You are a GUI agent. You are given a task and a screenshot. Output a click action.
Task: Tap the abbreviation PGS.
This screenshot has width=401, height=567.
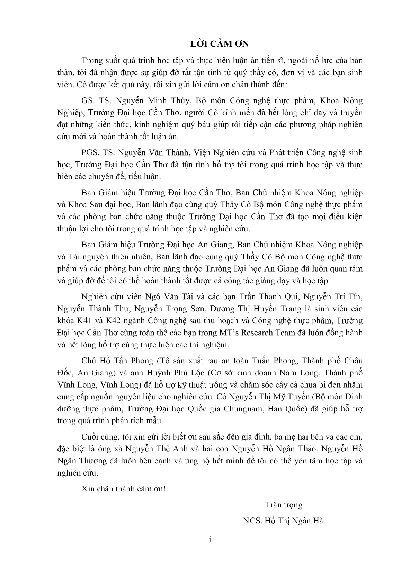[x=90, y=152]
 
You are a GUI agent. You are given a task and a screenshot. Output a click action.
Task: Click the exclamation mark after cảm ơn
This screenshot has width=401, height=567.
[x=164, y=489]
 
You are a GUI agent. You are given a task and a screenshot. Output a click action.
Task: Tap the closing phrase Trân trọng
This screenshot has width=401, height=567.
[x=284, y=505]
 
